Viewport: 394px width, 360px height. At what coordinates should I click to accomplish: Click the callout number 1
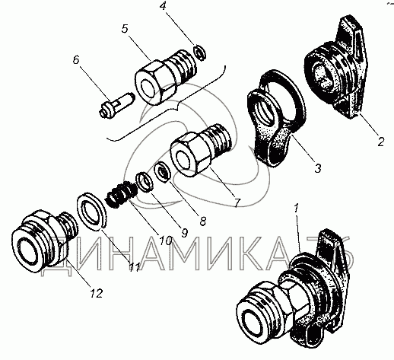tap(297, 209)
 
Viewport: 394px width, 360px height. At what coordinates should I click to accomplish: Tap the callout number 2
tap(381, 142)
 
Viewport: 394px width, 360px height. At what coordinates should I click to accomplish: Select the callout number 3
tap(318, 168)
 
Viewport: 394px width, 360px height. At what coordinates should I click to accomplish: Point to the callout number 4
tap(163, 6)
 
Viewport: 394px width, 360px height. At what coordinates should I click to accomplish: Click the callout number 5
tap(125, 29)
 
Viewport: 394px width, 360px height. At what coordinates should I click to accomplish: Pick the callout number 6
tap(76, 60)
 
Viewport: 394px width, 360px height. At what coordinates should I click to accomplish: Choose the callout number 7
tap(237, 202)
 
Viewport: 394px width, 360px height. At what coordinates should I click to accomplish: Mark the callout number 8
tap(203, 221)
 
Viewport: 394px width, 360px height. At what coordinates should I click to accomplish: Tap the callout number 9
tap(184, 232)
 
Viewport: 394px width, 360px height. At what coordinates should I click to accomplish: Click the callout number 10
tap(165, 241)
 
